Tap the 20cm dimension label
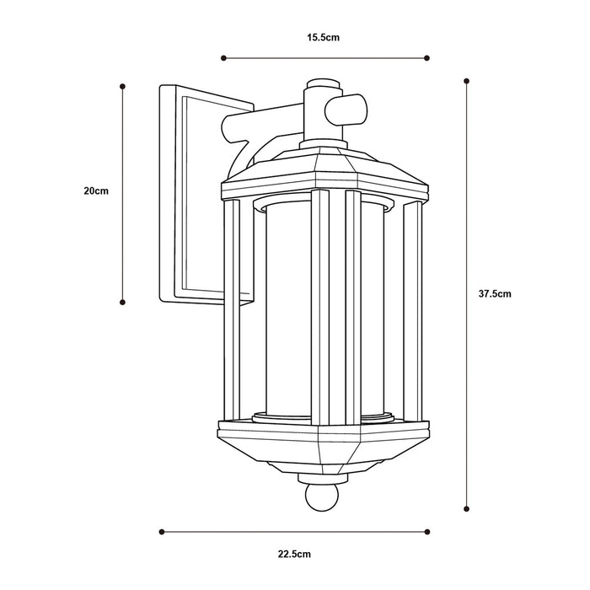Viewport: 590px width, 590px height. pos(96,191)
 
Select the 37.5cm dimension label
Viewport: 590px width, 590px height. pos(495,294)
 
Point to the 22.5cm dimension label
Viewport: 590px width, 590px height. pos(295,554)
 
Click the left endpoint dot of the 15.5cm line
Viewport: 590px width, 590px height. pos(223,58)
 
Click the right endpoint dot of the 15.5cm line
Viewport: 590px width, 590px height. pos(427,58)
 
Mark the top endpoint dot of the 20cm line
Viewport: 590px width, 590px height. pos(124,86)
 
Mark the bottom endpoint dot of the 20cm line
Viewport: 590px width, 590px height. pos(124,301)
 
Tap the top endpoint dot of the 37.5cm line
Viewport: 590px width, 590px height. pos(467,81)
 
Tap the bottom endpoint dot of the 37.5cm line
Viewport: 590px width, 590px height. pos(467,508)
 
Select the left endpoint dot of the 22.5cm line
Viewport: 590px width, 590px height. pos(161,531)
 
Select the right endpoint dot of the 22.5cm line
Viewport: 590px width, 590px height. pos(427,531)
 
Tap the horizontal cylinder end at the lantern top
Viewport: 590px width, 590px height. pos(351,109)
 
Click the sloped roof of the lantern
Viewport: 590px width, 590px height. pos(324,169)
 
